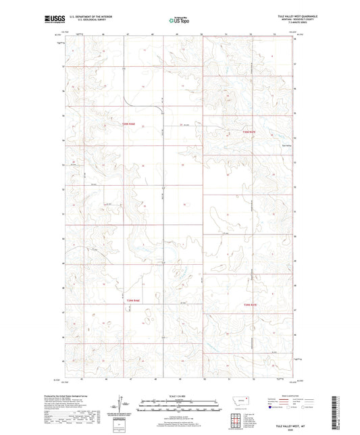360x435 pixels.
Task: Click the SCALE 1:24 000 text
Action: pyautogui.click(x=179, y=396)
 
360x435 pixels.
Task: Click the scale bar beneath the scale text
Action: pyautogui.click(x=179, y=407)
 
